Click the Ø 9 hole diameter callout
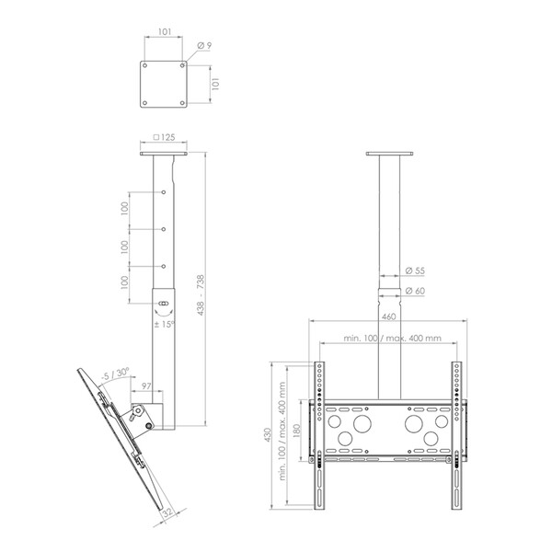coord(204,45)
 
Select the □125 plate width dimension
coord(164,137)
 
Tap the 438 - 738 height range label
coord(201,295)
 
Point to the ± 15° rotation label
coord(165,324)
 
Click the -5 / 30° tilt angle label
coord(115,374)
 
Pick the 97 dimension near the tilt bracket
coord(146,385)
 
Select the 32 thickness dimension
coord(168,512)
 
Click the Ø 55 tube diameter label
coord(415,270)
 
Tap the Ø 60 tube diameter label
coord(415,291)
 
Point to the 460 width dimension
coord(388,316)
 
